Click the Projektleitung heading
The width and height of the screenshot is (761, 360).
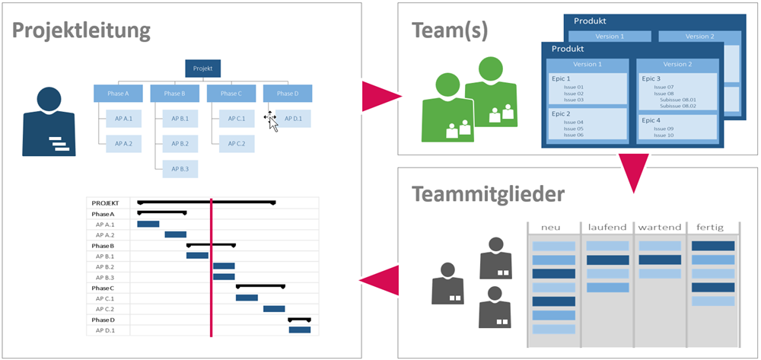81,31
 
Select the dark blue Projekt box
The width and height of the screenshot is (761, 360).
202,68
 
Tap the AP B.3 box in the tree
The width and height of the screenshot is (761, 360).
180,168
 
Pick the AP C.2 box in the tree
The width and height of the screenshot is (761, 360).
236,143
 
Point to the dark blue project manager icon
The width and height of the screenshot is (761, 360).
49,122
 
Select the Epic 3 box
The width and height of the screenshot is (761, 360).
677,91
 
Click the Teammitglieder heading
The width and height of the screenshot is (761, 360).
488,193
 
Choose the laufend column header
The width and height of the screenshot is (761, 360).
607,228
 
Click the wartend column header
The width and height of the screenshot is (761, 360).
660,228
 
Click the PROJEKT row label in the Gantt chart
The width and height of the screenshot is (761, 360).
106,203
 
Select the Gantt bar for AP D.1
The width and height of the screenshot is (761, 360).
299,330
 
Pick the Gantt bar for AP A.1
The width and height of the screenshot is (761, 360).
148,224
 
